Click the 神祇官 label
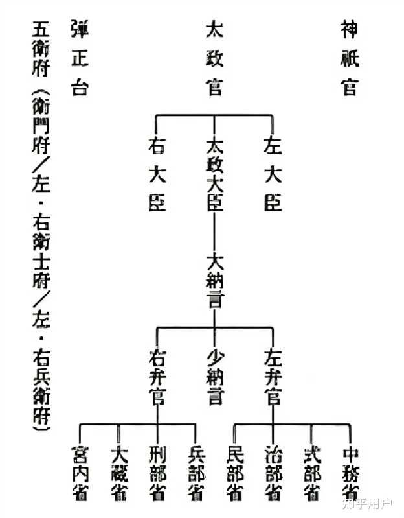click(350, 58)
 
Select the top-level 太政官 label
click(214, 58)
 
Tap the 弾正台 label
click(79, 58)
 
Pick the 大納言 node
click(214, 279)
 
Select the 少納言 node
click(214, 377)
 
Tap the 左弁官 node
click(273, 377)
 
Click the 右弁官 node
click(157, 377)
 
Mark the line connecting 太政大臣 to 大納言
click(214, 232)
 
